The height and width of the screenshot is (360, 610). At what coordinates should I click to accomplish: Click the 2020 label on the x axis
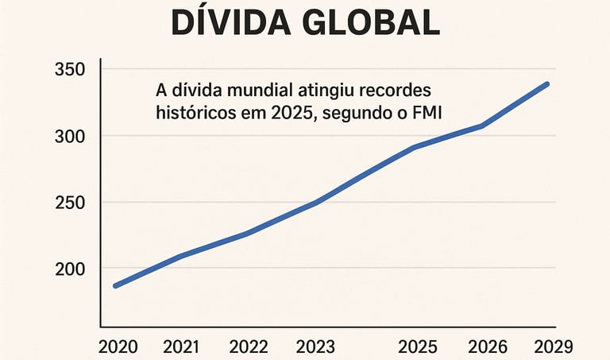pyautogui.click(x=118, y=346)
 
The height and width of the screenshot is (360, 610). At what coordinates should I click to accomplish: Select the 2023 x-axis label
pyautogui.click(x=315, y=346)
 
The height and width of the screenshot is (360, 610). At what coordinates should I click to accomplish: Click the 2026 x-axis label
pyautogui.click(x=484, y=346)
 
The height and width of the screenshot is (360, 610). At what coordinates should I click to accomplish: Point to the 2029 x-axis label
pyautogui.click(x=550, y=346)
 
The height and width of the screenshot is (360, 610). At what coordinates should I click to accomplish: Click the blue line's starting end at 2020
pyautogui.click(x=116, y=285)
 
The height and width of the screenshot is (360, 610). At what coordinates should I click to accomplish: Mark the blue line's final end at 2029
pyautogui.click(x=546, y=83)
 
